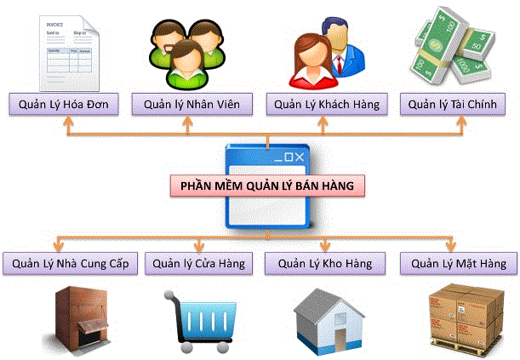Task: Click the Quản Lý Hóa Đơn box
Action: pos(65,105)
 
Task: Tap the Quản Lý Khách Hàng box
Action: pos(326,105)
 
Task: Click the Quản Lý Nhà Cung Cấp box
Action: pos(71,263)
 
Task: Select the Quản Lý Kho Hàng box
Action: pos(326,263)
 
